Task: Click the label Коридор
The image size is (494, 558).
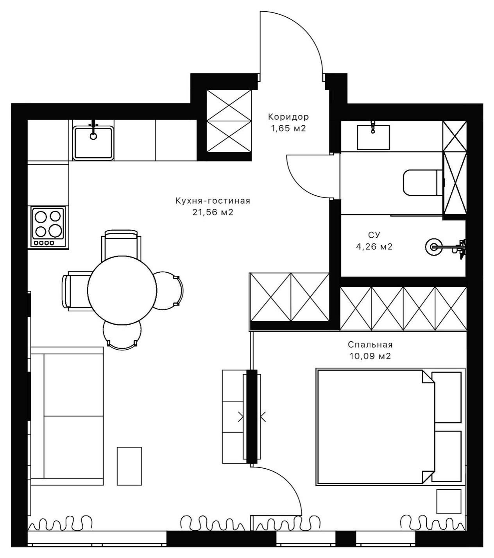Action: click(288, 117)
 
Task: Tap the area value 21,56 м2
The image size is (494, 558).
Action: click(213, 213)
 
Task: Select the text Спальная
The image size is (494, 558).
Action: click(370, 345)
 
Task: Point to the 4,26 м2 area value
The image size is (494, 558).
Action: click(374, 247)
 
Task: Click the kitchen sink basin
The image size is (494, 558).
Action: click(93, 142)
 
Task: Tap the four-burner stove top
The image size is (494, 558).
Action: click(48, 227)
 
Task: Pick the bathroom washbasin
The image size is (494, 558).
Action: click(373, 137)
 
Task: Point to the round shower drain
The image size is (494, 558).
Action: click(433, 247)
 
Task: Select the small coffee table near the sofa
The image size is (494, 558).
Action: click(129, 466)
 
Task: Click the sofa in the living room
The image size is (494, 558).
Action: click(67, 416)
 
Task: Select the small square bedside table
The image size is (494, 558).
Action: click(449, 501)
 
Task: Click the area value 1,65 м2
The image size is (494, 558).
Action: click(288, 128)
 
